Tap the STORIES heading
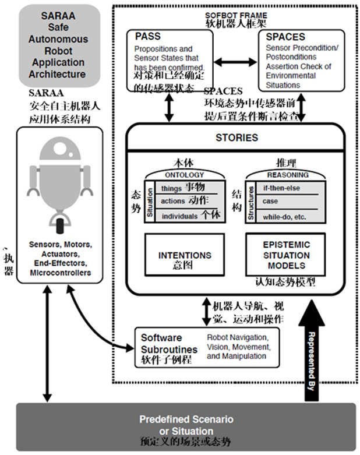coord(237,138)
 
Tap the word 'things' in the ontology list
coord(172,188)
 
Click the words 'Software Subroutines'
coord(161,343)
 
